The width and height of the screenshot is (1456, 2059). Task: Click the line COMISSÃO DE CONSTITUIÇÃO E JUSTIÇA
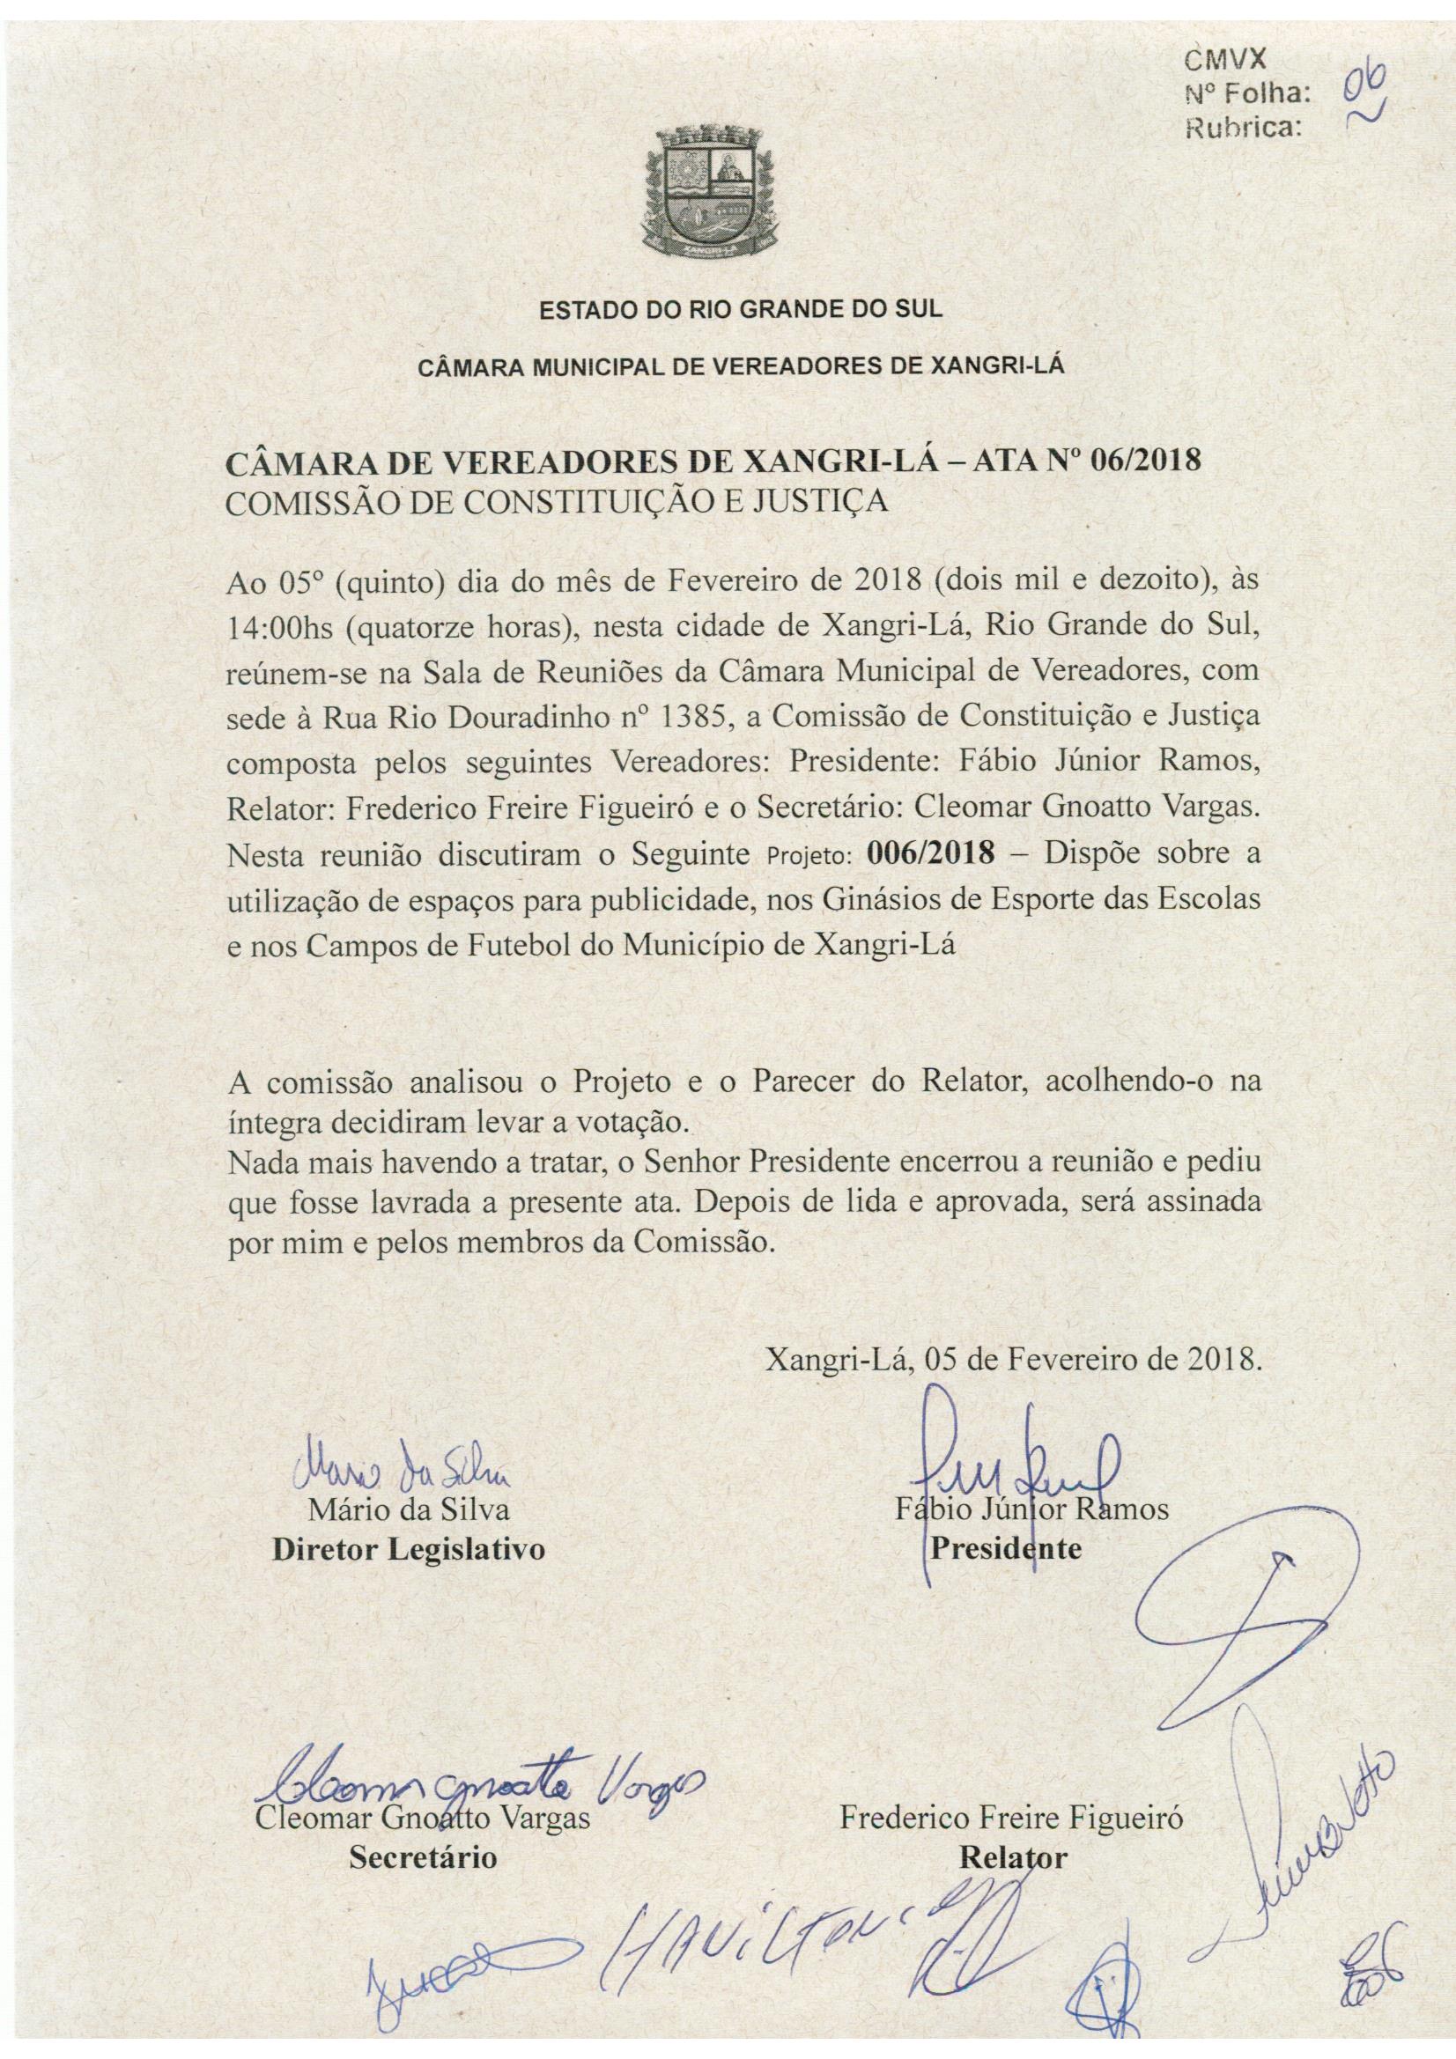pos(557,499)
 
